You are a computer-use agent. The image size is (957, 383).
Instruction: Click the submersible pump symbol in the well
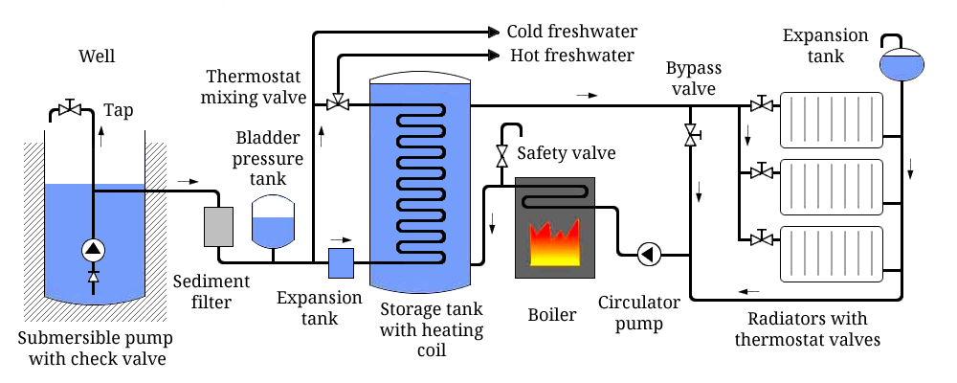coord(93,250)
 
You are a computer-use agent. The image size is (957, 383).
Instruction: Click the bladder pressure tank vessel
coord(272,222)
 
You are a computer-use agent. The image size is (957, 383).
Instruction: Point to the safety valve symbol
coord(501,154)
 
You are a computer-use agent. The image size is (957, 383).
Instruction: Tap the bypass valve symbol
coord(690,136)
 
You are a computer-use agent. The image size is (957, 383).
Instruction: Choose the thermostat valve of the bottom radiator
coord(762,238)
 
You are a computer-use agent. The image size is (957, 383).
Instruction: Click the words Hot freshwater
coord(570,56)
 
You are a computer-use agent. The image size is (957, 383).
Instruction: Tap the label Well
coord(97,56)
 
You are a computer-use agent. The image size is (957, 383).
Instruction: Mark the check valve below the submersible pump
coord(93,276)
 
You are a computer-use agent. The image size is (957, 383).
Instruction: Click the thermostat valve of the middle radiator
coord(762,171)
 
